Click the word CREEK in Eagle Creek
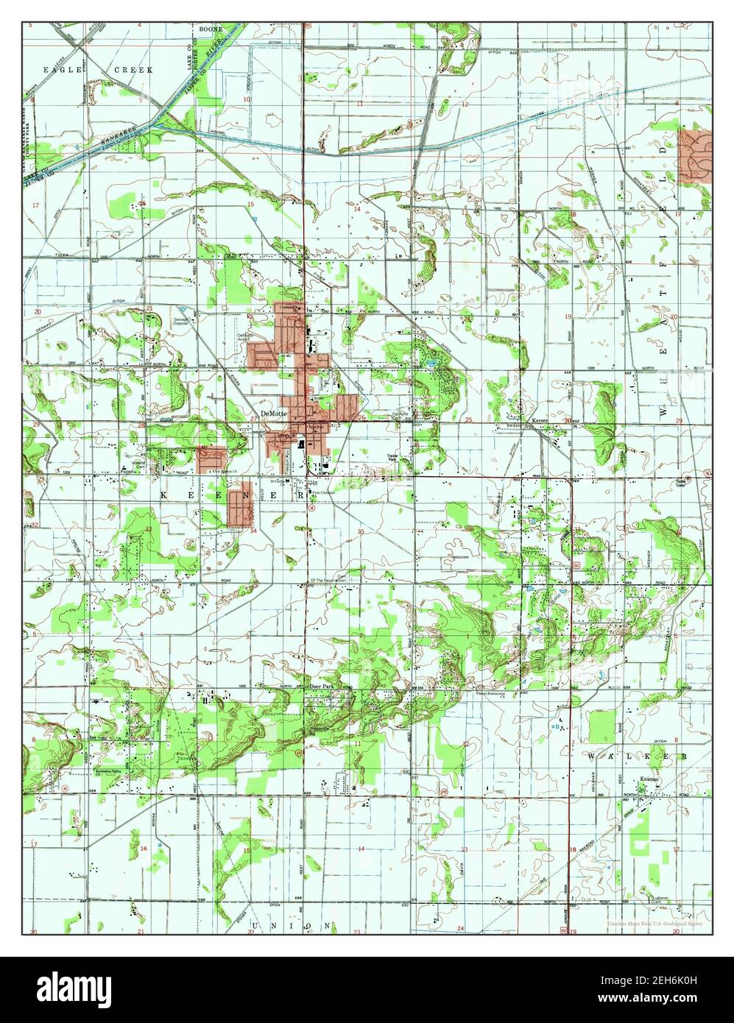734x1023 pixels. click(133, 69)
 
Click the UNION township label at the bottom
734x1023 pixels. click(292, 924)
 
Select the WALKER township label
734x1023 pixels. click(637, 756)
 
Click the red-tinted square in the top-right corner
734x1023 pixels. click(695, 156)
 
